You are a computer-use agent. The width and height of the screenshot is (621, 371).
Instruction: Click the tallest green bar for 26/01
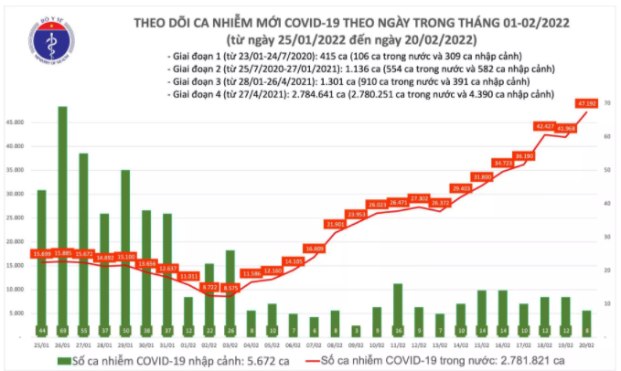[x=62, y=219]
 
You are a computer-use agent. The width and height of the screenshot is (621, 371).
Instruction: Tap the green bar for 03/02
[x=230, y=292]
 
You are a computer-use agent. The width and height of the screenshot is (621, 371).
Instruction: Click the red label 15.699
[x=41, y=252]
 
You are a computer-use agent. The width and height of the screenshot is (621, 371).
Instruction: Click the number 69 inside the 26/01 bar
[x=62, y=329]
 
